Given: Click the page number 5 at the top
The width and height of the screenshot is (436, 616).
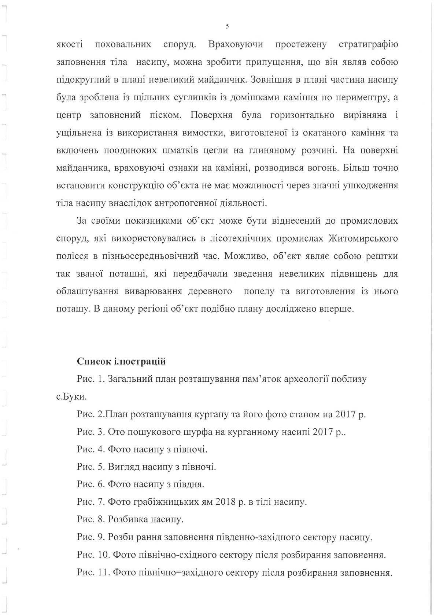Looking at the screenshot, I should pyautogui.click(x=227, y=26).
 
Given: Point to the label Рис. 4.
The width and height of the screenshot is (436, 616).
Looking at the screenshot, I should pyautogui.click(x=91, y=449).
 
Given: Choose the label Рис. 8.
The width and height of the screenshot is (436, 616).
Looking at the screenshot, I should pyautogui.click(x=91, y=519).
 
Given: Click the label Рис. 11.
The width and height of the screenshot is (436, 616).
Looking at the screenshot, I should pyautogui.click(x=93, y=572).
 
